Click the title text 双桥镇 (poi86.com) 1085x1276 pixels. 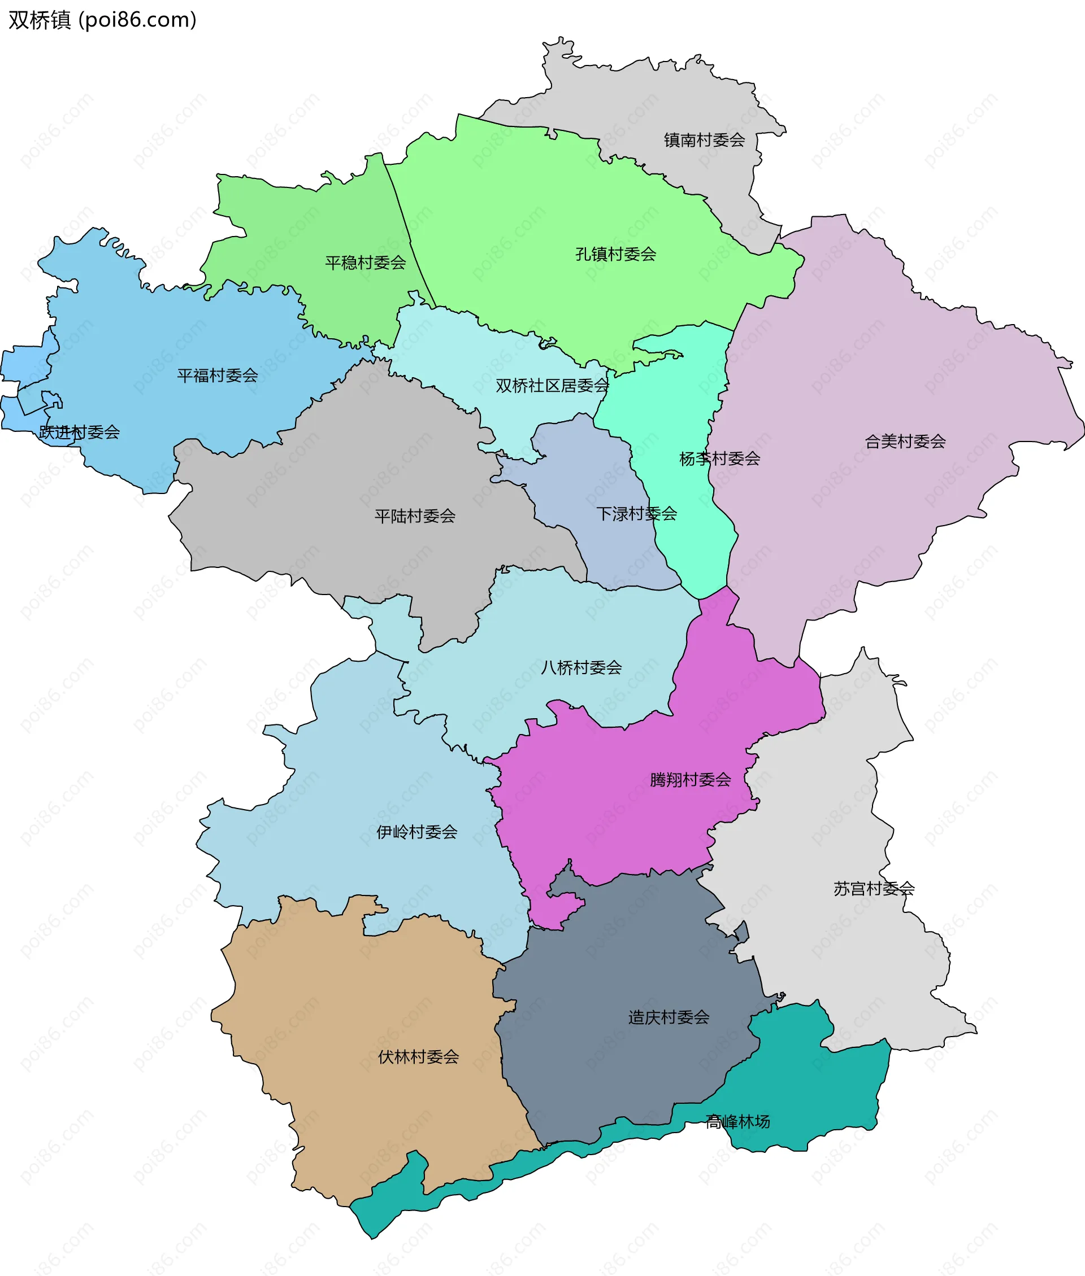click(x=102, y=20)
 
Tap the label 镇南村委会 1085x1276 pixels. click(x=704, y=140)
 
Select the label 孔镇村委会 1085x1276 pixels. click(x=616, y=254)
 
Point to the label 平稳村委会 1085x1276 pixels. click(x=366, y=263)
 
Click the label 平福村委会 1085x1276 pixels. click(x=217, y=375)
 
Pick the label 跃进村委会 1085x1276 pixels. click(x=79, y=432)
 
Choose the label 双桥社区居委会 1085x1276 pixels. click(x=552, y=386)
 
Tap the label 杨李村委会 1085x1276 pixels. click(x=719, y=458)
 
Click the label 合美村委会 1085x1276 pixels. click(x=905, y=442)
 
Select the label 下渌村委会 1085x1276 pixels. click(x=637, y=514)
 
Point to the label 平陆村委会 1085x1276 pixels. click(x=415, y=516)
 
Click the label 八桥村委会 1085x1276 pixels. click(x=581, y=667)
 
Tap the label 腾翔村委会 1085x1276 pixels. click(x=690, y=780)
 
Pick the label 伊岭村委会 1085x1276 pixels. click(x=417, y=832)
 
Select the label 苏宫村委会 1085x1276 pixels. click(x=874, y=889)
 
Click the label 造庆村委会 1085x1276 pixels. click(x=669, y=1017)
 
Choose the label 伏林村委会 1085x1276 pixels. click(x=418, y=1057)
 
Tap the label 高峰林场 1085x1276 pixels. click(x=737, y=1122)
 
